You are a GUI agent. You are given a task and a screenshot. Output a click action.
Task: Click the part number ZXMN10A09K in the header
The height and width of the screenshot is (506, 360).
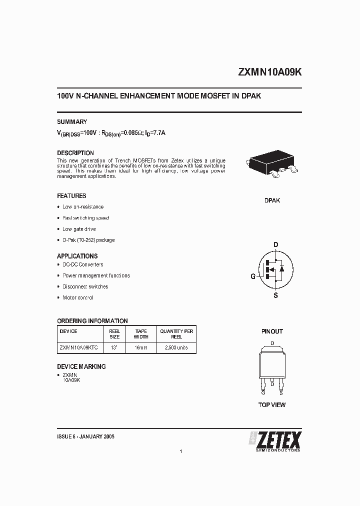pos(270,72)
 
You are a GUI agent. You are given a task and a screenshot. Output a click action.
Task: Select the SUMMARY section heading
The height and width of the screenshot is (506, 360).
pos(72,121)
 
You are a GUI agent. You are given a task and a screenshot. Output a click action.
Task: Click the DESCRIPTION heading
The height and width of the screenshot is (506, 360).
pos(75,153)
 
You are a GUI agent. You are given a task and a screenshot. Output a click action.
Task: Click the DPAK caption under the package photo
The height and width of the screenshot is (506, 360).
pos(272,200)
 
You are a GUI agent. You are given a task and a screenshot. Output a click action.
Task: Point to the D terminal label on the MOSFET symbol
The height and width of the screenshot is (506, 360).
pos(275,244)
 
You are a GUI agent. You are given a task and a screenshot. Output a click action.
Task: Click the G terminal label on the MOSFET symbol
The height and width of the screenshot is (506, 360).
pos(253,276)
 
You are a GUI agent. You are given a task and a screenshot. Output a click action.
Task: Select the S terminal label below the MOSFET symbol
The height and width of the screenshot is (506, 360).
pos(275,295)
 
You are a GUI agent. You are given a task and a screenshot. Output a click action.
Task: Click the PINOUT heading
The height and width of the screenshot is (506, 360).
pos(272,331)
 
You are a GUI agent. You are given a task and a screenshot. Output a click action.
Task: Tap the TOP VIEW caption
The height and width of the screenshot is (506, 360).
pos(272,404)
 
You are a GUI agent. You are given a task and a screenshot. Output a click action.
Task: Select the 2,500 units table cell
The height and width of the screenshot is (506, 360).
pos(176,347)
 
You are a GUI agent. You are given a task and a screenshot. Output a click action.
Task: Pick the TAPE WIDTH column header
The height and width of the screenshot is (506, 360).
pos(141,334)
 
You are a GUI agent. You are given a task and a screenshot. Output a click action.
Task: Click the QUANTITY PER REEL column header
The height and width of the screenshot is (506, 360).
pos(176,334)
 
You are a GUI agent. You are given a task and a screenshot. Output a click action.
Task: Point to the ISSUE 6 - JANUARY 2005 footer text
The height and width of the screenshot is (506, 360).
pos(86,436)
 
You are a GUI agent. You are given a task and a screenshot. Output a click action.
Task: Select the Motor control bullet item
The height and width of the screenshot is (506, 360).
pos(78,297)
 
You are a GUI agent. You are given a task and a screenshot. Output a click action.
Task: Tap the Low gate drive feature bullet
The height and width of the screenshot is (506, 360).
pos(79,229)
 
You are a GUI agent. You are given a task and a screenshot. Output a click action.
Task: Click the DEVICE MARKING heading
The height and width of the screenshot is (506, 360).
pos(81,366)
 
